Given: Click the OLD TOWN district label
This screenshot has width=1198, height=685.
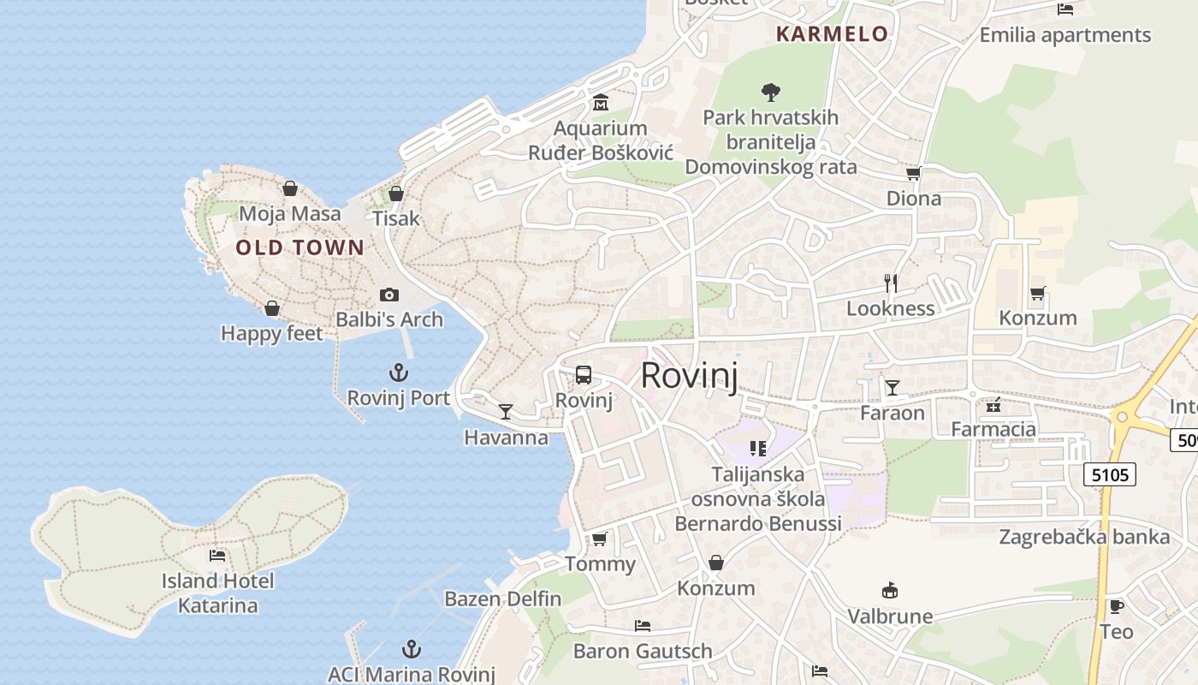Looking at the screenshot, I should click(299, 248).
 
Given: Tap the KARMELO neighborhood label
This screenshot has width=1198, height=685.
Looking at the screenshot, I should click(832, 34).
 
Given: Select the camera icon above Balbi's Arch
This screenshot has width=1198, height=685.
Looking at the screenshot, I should click(389, 295).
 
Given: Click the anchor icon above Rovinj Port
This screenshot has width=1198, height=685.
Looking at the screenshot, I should click(399, 372).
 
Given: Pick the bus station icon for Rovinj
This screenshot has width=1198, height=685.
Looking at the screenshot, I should click(584, 375).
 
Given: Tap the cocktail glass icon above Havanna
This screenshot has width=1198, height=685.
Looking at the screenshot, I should click(506, 412).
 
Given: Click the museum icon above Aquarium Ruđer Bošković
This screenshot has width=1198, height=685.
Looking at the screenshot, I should click(601, 103).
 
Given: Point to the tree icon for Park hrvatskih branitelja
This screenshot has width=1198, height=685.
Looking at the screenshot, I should click(771, 91).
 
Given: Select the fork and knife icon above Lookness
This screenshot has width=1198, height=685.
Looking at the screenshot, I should click(891, 283).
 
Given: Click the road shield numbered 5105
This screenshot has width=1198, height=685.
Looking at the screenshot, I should click(1110, 474).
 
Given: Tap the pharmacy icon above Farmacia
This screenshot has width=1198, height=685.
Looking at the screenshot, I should click(993, 405).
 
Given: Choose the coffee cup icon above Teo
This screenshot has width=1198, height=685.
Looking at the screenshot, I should click(1116, 606).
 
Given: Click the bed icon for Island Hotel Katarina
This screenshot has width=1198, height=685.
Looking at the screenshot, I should click(217, 556).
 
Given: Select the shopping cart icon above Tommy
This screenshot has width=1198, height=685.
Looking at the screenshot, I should click(600, 539).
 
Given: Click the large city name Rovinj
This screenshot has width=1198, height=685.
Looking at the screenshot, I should click(689, 376).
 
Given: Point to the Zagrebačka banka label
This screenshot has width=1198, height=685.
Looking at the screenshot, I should click(1084, 538).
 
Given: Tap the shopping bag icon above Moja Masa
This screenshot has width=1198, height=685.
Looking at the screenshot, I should click(290, 188).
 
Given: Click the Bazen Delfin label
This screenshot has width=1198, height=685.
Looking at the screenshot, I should click(503, 599).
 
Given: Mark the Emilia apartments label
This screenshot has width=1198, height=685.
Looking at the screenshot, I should click(1065, 35).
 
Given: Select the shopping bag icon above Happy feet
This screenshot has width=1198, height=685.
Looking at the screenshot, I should click(272, 308).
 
